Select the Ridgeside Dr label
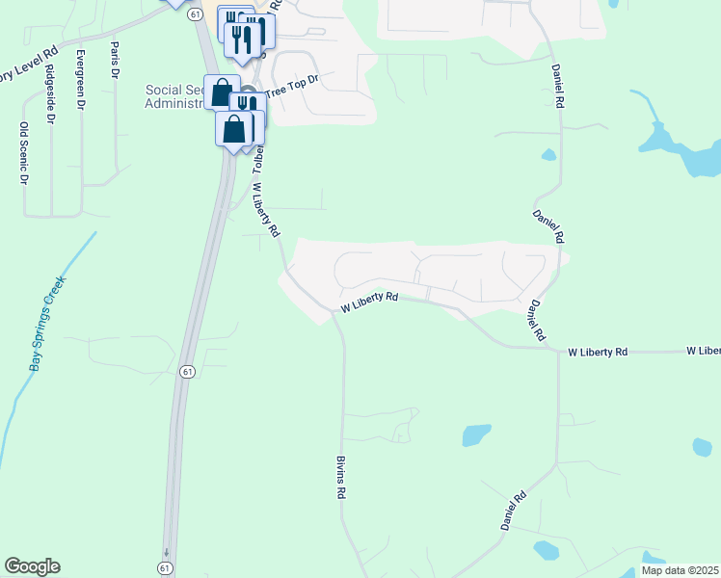(x=51, y=120)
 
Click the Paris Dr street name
(x=115, y=60)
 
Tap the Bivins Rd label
(x=340, y=477)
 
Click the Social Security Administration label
(x=174, y=96)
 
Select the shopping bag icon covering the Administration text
(x=222, y=92)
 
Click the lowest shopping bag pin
(x=234, y=129)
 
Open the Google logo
(x=32, y=566)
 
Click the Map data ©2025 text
(x=680, y=570)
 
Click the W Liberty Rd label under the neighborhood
(x=369, y=303)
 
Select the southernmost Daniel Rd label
(x=513, y=512)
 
